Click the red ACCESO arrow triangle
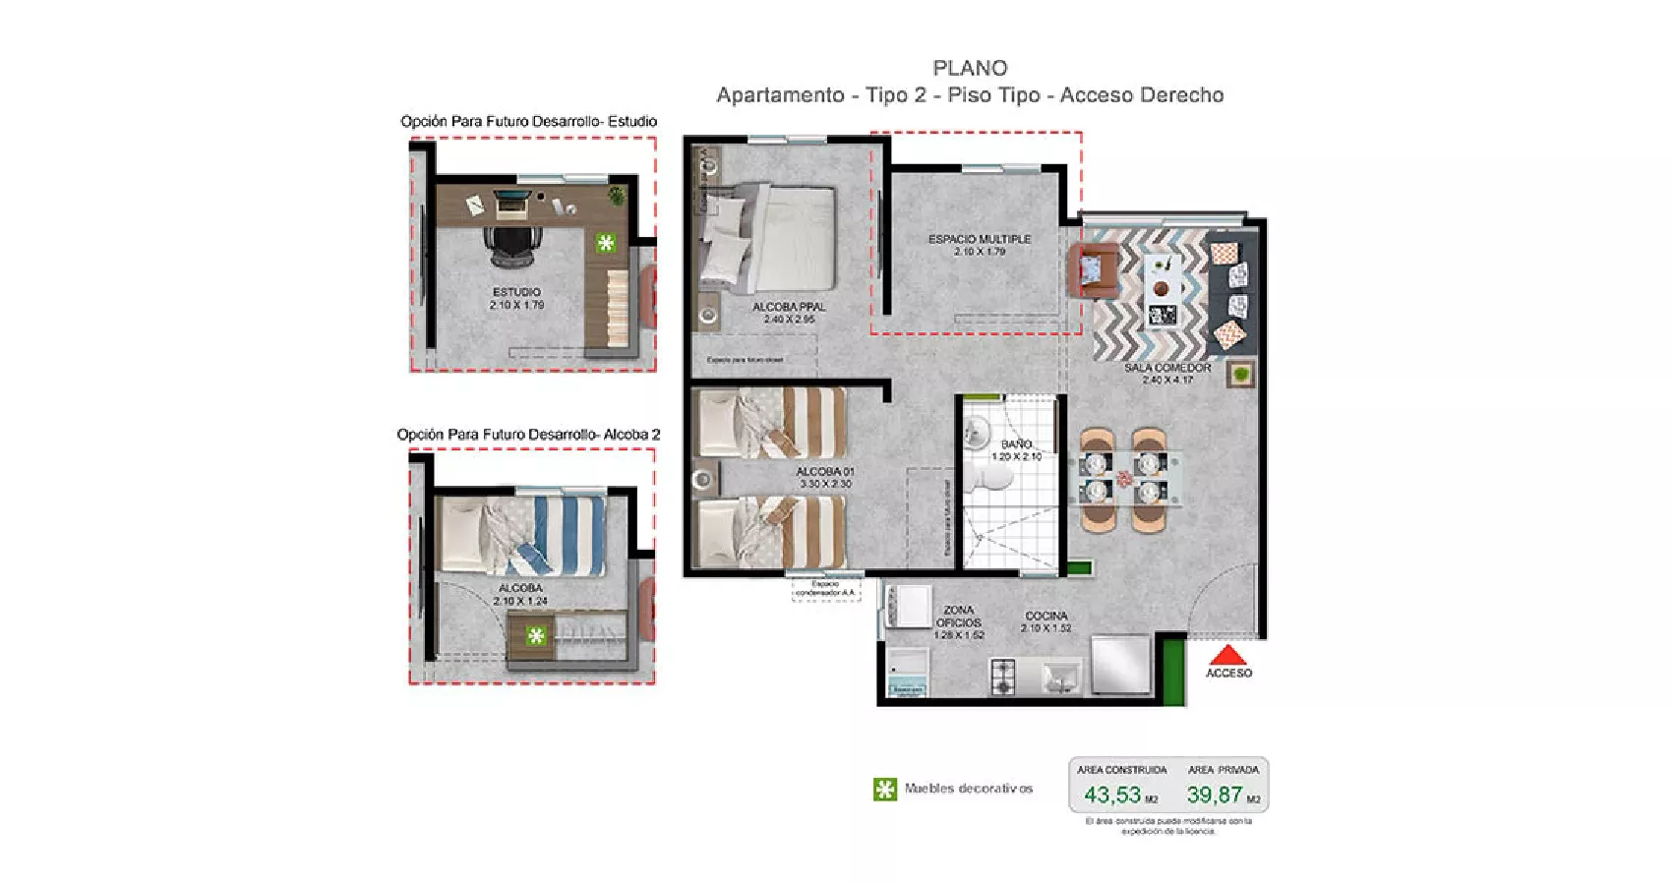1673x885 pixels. [x=1227, y=655]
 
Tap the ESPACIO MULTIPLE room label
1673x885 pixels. [x=979, y=239]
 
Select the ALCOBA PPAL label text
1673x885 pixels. [x=789, y=307]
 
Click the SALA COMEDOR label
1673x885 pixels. [x=1167, y=368]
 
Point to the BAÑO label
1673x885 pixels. [x=1016, y=444]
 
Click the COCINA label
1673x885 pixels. [x=1046, y=616]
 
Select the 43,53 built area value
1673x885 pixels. [x=1112, y=795]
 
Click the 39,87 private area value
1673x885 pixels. [x=1215, y=795]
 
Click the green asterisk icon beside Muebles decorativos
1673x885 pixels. [x=884, y=789]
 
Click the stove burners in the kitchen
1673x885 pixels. [x=1002, y=676]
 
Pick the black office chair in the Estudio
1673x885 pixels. [x=511, y=244]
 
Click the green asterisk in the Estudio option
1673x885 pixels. [x=606, y=242]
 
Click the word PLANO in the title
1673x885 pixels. [x=970, y=68]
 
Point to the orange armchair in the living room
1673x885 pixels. [x=1093, y=268]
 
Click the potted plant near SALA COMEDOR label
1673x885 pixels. [x=1241, y=374]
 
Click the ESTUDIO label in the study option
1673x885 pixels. [x=516, y=292]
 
